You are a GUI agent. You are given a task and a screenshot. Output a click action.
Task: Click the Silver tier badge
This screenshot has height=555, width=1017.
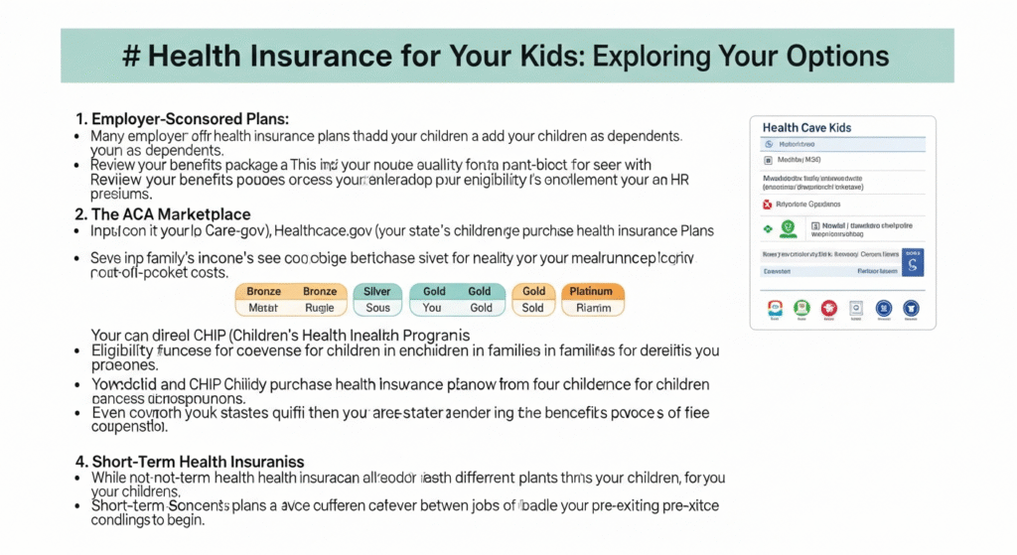(378, 292)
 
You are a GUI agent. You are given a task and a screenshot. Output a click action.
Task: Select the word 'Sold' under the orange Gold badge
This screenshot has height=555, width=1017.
(533, 308)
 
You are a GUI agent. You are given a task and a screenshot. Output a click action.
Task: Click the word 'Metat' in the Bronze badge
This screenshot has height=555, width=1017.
(263, 308)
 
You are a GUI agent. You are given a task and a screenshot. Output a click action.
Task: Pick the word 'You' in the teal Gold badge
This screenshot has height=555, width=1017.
(432, 308)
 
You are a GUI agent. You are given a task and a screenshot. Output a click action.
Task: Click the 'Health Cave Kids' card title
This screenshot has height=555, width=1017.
(806, 128)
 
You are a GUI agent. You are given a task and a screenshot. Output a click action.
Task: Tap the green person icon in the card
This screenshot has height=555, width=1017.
(788, 228)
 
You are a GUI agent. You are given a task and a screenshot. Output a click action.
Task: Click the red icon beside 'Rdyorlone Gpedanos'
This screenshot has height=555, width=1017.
(766, 204)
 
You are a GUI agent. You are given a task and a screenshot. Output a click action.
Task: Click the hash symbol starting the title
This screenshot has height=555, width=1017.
(130, 56)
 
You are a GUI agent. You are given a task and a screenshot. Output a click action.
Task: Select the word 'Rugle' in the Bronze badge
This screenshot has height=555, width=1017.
(320, 308)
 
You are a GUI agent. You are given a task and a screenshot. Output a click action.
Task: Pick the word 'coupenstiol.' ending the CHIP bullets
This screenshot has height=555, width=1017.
(129, 428)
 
